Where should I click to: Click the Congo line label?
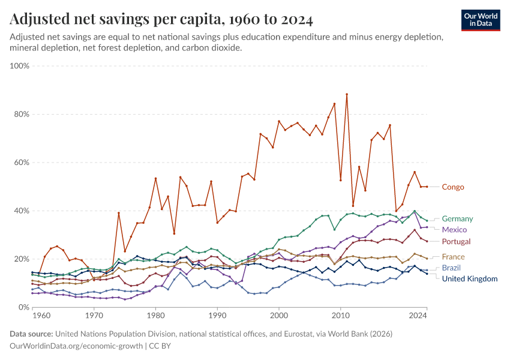click(x=452, y=187)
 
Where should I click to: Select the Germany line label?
click(x=457, y=219)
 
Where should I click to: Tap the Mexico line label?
click(x=454, y=230)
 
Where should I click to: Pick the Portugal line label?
click(x=457, y=241)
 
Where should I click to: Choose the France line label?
click(x=453, y=257)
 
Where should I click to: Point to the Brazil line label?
click(x=452, y=268)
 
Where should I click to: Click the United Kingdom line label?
click(x=469, y=279)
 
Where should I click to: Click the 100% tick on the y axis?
click(x=20, y=65)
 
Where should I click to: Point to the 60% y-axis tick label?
click(x=22, y=163)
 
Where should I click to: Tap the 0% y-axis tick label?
click(x=24, y=308)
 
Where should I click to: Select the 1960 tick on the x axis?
click(x=41, y=314)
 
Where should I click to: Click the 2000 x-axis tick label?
click(x=279, y=314)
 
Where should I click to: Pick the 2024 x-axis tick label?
click(x=418, y=314)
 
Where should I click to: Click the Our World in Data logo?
click(x=481, y=20)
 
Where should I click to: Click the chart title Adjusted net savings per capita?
click(x=161, y=20)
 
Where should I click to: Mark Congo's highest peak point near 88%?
click(x=347, y=94)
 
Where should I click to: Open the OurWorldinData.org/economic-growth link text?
click(x=77, y=346)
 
